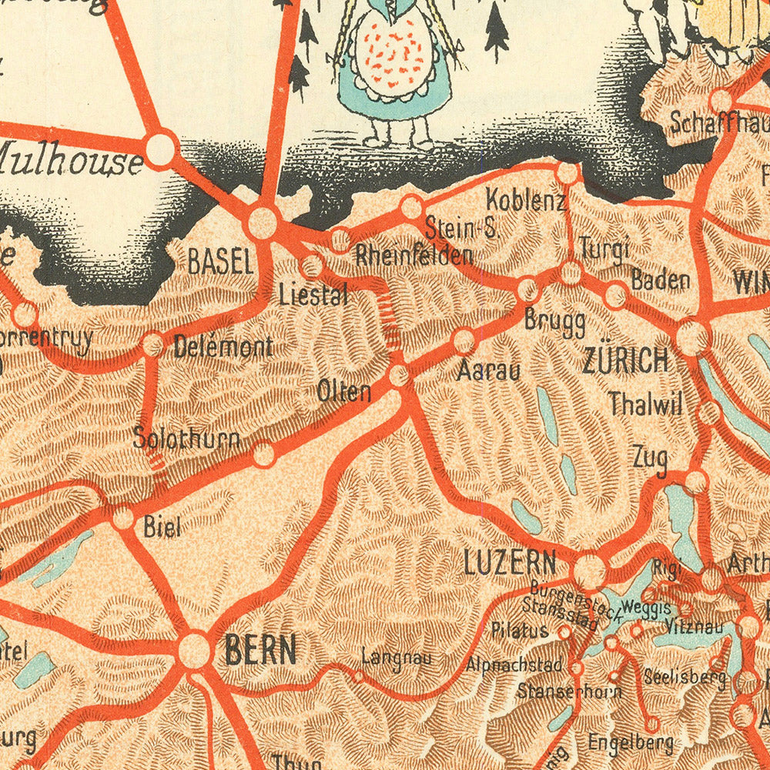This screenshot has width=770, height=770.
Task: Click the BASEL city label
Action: [221, 263]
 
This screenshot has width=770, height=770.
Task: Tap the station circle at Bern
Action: [194, 650]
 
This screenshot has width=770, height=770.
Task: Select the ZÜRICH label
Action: [625, 360]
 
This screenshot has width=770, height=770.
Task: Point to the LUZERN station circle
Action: [590, 571]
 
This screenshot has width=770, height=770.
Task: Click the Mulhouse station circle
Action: [160, 149]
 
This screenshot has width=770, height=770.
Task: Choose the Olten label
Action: [344, 391]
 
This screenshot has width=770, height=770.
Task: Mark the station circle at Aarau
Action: [464, 340]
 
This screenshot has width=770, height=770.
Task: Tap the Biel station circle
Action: [123, 518]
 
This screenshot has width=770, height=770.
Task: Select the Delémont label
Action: [223, 347]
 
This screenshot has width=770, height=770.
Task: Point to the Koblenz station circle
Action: [567, 172]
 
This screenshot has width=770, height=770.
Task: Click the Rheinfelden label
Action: [413, 256]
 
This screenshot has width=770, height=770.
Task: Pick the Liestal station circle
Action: [311, 266]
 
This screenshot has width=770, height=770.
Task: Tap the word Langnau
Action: [397, 658]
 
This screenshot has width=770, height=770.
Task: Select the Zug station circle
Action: [695, 482]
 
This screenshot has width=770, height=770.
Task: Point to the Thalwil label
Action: [645, 403]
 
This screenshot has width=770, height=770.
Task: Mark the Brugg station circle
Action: [527, 290]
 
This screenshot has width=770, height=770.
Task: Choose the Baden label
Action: [660, 280]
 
